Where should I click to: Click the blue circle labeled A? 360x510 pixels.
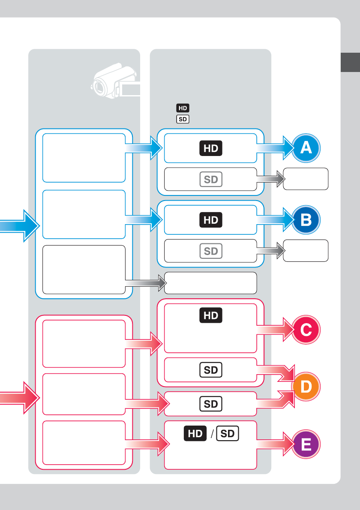[306, 148]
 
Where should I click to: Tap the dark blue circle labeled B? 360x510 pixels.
[306, 220]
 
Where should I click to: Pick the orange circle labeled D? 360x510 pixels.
[306, 387]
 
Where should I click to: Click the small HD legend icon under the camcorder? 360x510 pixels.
[183, 108]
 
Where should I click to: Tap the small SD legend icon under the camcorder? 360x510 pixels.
[183, 119]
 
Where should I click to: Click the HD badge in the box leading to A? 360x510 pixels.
[211, 148]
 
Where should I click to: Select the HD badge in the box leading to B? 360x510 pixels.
[211, 220]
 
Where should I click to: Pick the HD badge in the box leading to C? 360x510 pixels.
[211, 316]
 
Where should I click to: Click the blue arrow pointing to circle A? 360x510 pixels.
[274, 148]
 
